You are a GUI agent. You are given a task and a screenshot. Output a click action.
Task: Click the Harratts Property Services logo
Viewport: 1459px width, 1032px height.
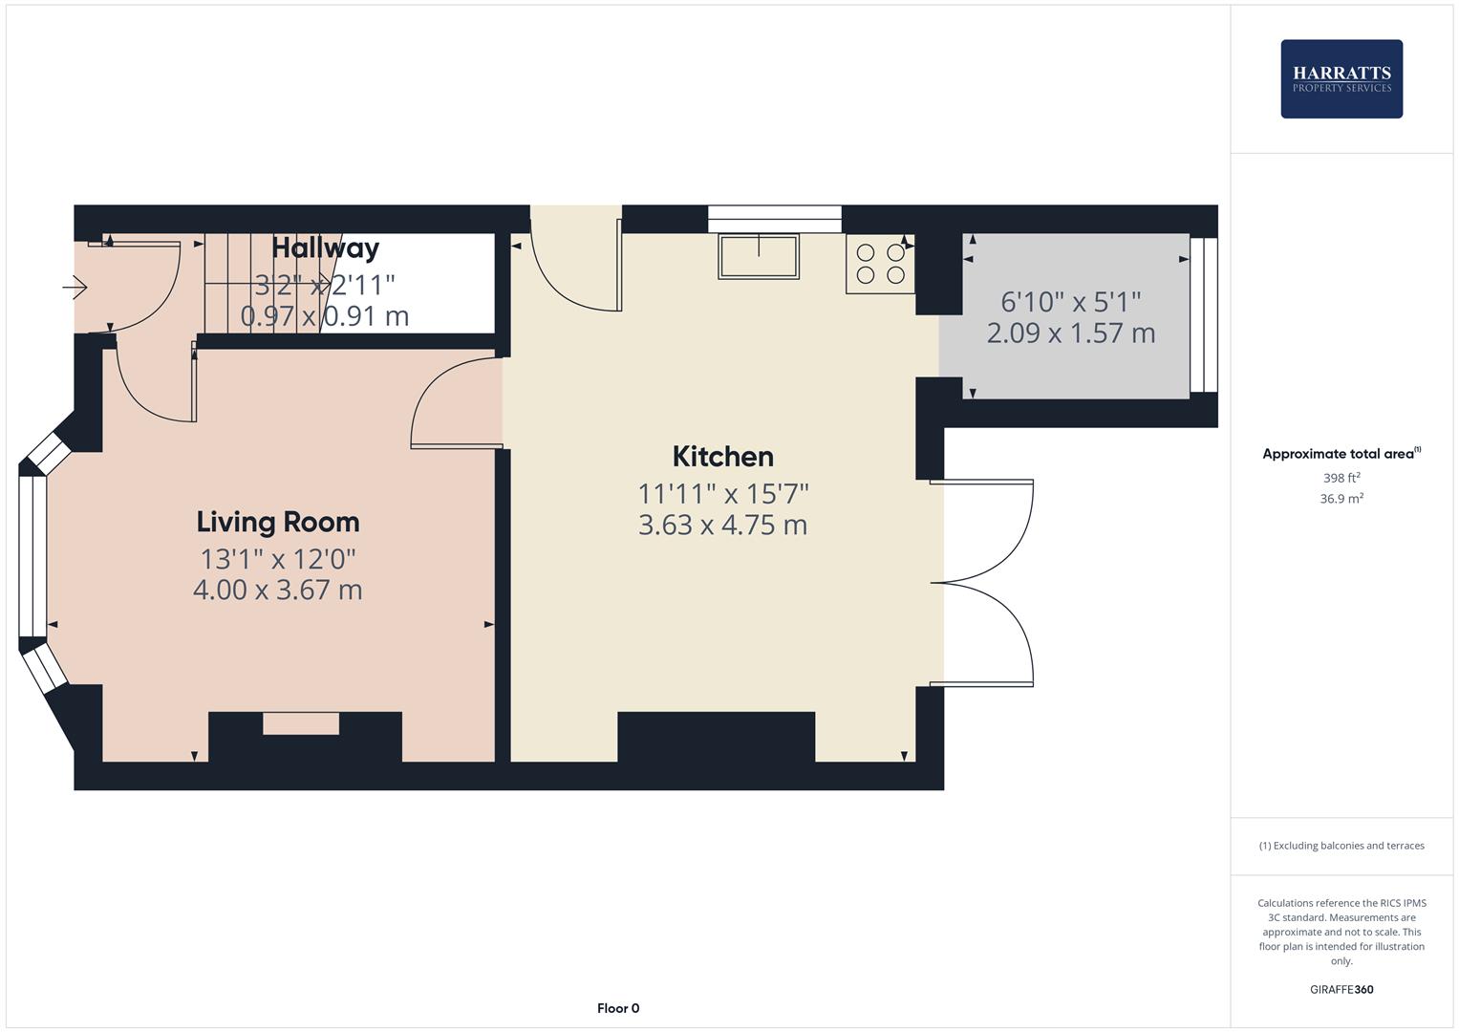coord(1341,78)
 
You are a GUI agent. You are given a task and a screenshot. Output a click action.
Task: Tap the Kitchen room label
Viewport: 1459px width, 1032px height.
coord(722,457)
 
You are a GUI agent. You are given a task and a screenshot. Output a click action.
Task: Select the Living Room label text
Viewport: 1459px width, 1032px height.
coord(278,522)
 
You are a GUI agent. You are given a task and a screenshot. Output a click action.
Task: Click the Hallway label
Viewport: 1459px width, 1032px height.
coord(325,248)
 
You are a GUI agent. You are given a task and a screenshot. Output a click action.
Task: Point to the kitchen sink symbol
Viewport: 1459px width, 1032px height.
coord(759,256)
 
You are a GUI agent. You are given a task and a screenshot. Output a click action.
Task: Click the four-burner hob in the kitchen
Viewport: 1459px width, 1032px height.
coord(880,264)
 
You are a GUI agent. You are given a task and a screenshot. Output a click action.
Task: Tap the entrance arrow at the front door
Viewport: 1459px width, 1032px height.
coord(75,286)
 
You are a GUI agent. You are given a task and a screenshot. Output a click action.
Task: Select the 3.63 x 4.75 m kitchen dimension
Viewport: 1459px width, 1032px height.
coord(722,525)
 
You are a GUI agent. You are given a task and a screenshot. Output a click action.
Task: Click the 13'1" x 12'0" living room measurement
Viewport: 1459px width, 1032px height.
coord(278,558)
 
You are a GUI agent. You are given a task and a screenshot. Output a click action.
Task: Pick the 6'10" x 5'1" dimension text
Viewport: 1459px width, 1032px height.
coord(1070,302)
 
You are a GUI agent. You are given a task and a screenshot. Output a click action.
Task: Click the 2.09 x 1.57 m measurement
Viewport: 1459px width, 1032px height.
coord(1070,333)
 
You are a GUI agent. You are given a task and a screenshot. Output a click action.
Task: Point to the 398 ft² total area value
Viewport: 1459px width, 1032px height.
coord(1341,478)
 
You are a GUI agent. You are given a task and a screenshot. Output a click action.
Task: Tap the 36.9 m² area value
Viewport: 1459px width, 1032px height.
coord(1341,498)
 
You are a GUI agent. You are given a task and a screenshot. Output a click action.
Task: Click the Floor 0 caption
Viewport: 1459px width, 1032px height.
coord(618,1008)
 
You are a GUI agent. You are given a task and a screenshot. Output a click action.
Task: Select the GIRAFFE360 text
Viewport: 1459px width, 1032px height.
coord(1341,989)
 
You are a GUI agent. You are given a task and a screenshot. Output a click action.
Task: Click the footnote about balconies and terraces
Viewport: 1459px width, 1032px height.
coord(1341,846)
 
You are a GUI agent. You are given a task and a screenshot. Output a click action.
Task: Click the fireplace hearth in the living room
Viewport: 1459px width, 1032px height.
coord(301,723)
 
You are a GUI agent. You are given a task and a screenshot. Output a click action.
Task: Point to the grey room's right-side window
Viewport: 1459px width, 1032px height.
coord(1204,315)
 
